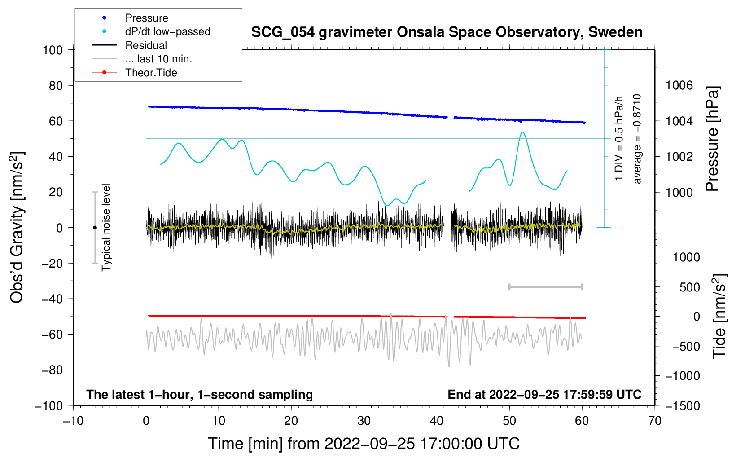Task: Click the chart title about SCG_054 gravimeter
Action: [x=447, y=32]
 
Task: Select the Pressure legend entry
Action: [x=146, y=18]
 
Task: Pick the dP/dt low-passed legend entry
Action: [x=167, y=31]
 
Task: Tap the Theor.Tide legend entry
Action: [x=151, y=73]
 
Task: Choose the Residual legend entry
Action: [x=146, y=45]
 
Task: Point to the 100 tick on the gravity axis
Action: [x=53, y=50]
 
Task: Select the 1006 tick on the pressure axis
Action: [x=679, y=85]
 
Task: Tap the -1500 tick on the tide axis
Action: [x=682, y=406]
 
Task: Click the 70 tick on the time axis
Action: [x=655, y=421]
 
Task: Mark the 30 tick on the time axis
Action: [x=364, y=421]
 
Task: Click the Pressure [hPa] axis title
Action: [x=712, y=139]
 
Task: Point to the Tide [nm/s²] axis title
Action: [x=719, y=316]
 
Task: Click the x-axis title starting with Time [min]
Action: [x=364, y=444]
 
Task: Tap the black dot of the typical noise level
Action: [x=95, y=228]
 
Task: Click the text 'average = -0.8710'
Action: [x=637, y=139]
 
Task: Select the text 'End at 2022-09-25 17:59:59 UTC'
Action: [x=544, y=395]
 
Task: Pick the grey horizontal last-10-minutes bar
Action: [x=545, y=287]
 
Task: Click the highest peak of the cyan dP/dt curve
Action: [x=522, y=132]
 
